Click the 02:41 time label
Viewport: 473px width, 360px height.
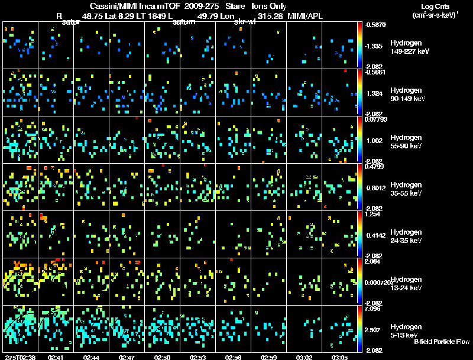click(56, 357)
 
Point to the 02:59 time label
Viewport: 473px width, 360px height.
click(269, 357)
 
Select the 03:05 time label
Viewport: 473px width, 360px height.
click(340, 357)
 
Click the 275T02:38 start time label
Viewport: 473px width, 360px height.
click(19, 357)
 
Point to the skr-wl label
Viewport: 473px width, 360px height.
click(245, 22)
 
